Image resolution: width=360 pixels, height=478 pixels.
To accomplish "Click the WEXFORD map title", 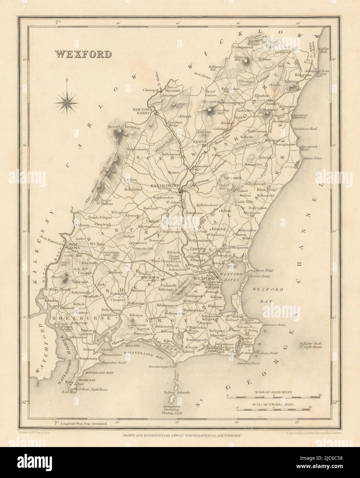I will pos(83,54).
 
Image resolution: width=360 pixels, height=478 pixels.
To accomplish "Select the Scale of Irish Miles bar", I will pos(274,398).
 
